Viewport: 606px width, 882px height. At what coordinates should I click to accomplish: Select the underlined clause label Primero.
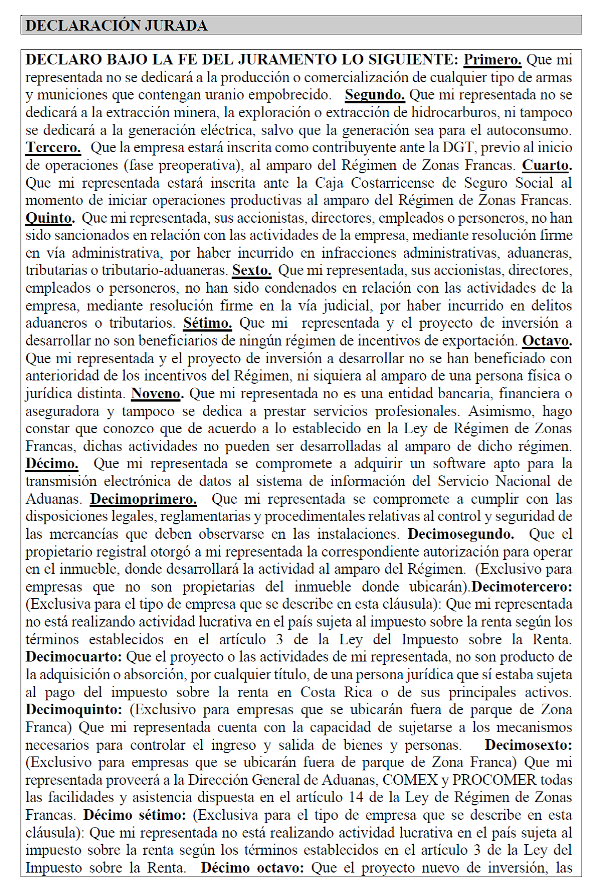(492, 60)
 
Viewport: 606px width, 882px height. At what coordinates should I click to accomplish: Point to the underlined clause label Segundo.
(374, 95)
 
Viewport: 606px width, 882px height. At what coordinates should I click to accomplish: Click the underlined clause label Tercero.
(53, 148)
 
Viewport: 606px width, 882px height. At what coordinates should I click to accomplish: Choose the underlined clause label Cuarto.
(547, 166)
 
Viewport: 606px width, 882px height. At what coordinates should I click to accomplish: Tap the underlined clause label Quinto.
(50, 218)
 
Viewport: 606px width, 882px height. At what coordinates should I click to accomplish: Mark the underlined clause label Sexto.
(252, 270)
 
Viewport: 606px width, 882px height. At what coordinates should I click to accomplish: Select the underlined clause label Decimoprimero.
(143, 499)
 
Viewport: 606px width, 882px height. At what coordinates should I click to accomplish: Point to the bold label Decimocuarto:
(73, 657)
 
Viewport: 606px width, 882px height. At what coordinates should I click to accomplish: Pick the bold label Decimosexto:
(528, 745)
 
